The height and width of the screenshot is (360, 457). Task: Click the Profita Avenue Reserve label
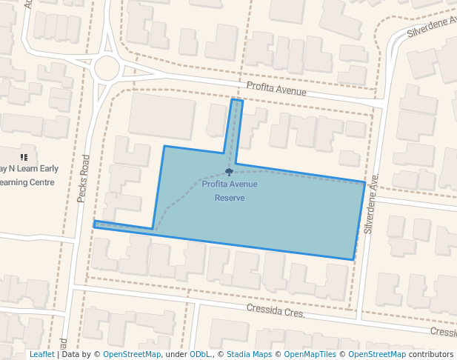(230, 191)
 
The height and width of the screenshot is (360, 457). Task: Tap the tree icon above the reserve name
(228, 173)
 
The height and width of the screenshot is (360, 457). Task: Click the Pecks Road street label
(83, 179)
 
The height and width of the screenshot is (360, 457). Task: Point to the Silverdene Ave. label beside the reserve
(371, 204)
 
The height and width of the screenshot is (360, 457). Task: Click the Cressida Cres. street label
(276, 310)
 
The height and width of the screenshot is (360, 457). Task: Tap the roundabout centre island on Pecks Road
(107, 69)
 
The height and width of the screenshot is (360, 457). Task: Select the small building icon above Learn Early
(24, 157)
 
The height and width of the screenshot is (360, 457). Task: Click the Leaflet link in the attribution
(41, 354)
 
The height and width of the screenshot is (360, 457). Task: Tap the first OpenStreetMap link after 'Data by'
(132, 354)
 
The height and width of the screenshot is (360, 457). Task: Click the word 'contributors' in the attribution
(431, 354)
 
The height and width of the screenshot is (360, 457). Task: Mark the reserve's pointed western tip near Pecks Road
(95, 224)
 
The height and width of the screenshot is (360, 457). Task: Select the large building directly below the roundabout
(161, 116)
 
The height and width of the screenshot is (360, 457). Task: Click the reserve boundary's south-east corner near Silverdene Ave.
(353, 259)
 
